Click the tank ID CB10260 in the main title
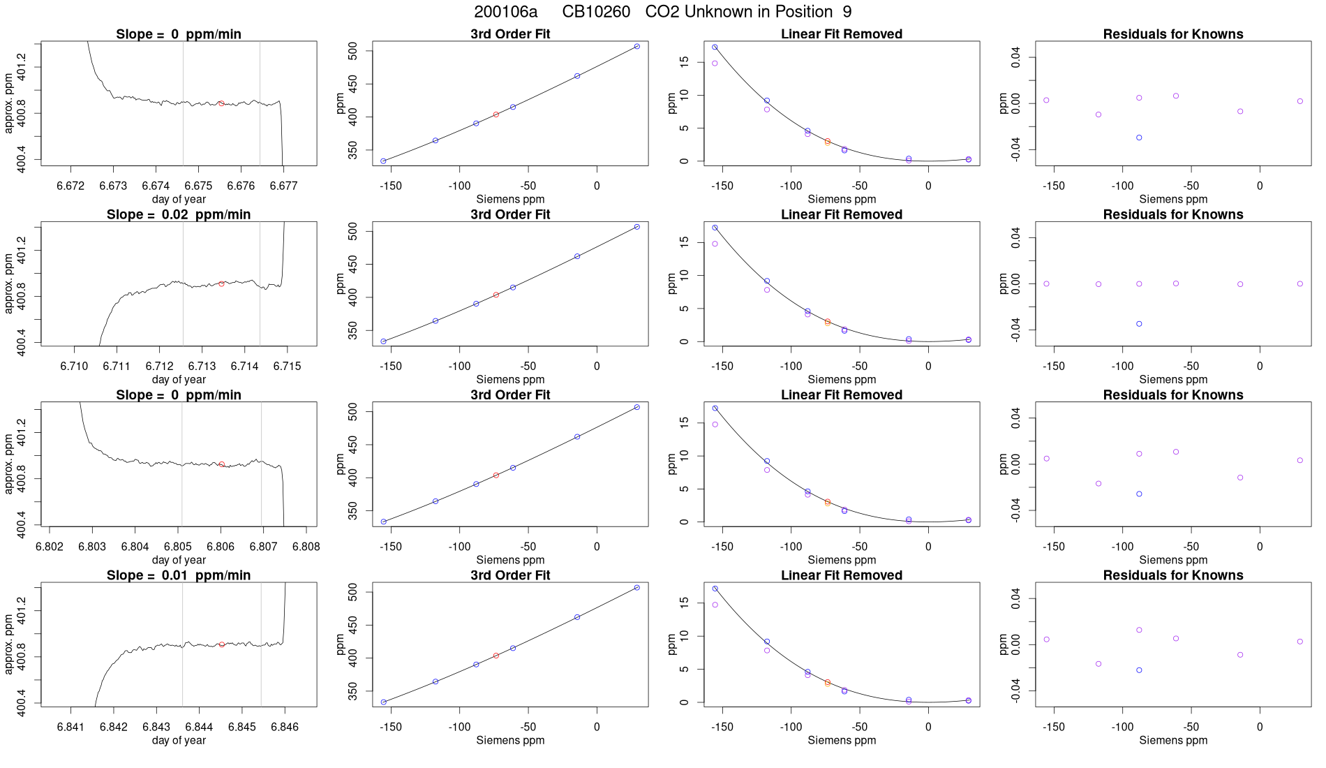[596, 12]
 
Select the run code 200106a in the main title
[505, 12]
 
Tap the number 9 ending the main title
[847, 12]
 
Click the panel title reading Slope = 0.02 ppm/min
[179, 214]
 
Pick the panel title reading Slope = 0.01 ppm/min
[179, 575]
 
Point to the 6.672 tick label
[70, 186]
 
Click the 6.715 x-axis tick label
[287, 366]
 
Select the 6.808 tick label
[306, 546]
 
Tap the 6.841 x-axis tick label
[70, 727]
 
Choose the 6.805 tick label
[178, 546]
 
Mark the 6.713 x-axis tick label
[202, 366]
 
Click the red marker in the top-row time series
[221, 103]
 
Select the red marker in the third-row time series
[222, 464]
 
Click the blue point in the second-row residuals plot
[1139, 324]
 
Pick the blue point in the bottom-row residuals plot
[1139, 670]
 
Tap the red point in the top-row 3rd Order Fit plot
[496, 115]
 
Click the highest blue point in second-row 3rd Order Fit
[637, 227]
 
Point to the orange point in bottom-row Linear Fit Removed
[828, 684]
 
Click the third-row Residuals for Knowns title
[1173, 395]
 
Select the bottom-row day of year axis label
[179, 740]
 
